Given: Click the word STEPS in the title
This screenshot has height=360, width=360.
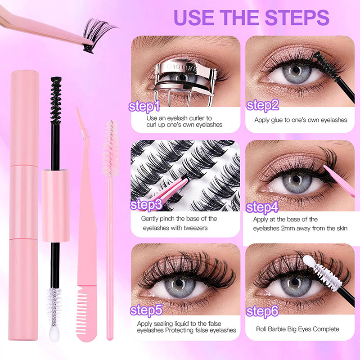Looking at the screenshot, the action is pyautogui.click(x=298, y=18).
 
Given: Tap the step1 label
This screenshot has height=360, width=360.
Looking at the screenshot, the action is pyautogui.click(x=144, y=107).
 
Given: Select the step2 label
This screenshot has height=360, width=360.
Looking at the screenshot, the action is pyautogui.click(x=262, y=105).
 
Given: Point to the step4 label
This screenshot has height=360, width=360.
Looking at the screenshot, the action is pyautogui.click(x=262, y=207).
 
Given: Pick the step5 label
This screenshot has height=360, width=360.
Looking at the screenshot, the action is pyautogui.click(x=146, y=310).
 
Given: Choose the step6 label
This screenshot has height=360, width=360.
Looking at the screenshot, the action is pyautogui.click(x=262, y=311).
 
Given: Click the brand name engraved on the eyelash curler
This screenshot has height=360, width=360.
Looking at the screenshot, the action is pyautogui.click(x=182, y=68).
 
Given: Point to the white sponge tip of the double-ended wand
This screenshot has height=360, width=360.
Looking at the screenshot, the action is pyautogui.click(x=54, y=333).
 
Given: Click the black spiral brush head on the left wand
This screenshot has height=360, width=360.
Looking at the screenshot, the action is pyautogui.click(x=56, y=100).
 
